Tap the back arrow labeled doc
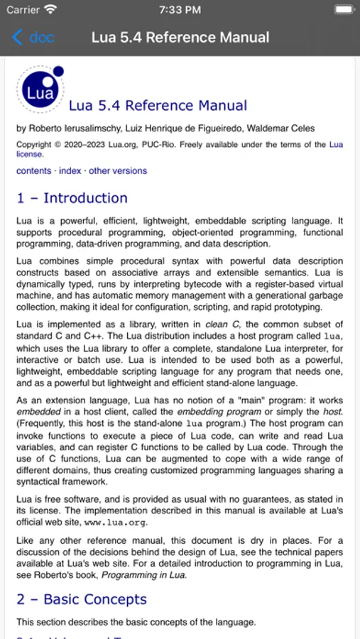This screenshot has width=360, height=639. coord(33,38)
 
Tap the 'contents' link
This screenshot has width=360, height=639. coord(33,171)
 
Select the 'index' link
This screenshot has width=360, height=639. coord(70,171)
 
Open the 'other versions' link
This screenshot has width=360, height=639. coord(118,171)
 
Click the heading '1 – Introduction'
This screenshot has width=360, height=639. coord(72,198)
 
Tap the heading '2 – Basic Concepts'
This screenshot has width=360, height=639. coord(81,599)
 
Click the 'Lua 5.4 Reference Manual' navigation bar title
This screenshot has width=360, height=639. coord(180,38)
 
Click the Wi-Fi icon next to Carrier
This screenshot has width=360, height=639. coord(50,10)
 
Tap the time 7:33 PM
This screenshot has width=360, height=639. coord(180,10)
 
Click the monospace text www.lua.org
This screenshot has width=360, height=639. coord(116,523)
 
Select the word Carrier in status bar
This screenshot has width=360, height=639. coord(23,10)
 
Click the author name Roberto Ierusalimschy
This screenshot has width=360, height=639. coord(72,129)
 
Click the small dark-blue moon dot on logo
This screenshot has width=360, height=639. coord(58,71)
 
